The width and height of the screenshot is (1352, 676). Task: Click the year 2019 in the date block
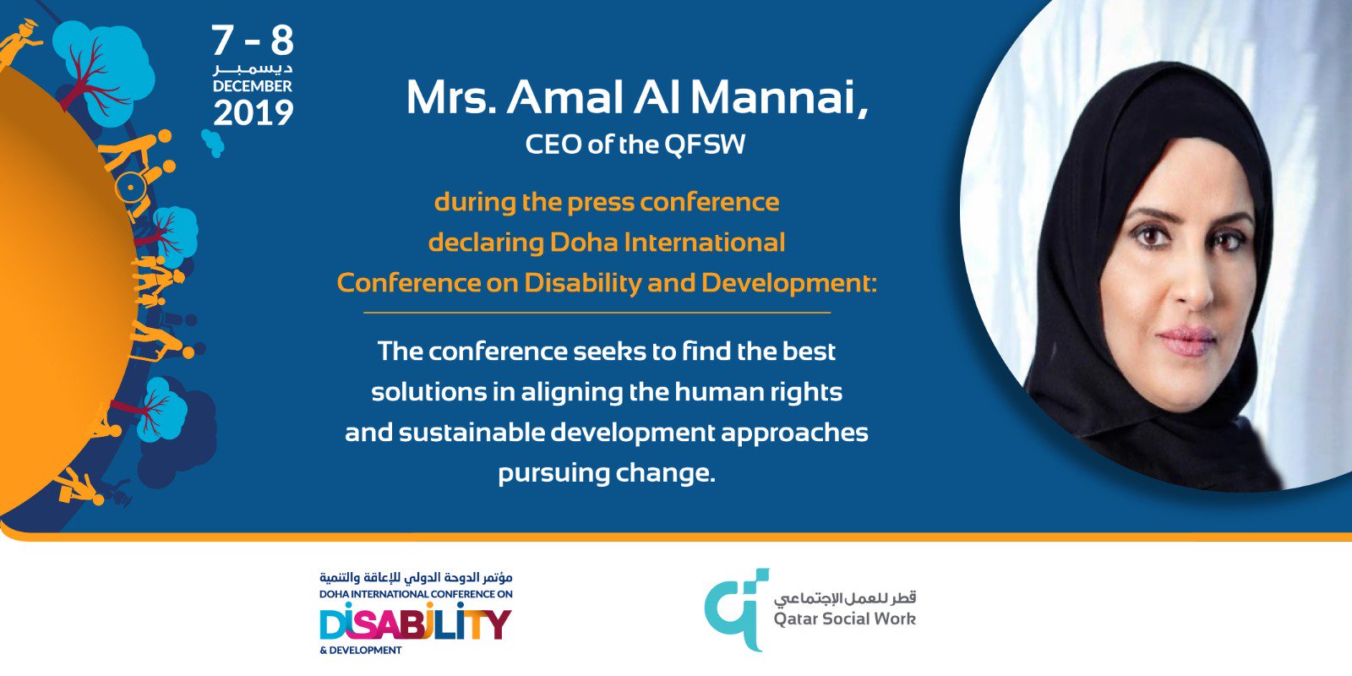[x=253, y=113]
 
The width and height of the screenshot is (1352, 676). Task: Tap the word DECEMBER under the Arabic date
[x=252, y=86]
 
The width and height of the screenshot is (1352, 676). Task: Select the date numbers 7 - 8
[x=252, y=40]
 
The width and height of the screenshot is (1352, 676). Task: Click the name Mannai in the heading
[x=777, y=98]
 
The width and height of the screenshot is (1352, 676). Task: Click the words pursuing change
[x=606, y=473]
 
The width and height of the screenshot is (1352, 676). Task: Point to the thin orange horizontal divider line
[x=597, y=313]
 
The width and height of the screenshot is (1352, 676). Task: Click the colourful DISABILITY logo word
[x=415, y=624]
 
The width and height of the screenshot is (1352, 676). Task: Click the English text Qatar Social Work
[x=844, y=619]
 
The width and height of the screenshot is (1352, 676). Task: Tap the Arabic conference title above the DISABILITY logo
[x=416, y=578]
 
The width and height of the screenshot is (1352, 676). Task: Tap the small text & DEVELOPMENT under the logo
[x=361, y=651]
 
